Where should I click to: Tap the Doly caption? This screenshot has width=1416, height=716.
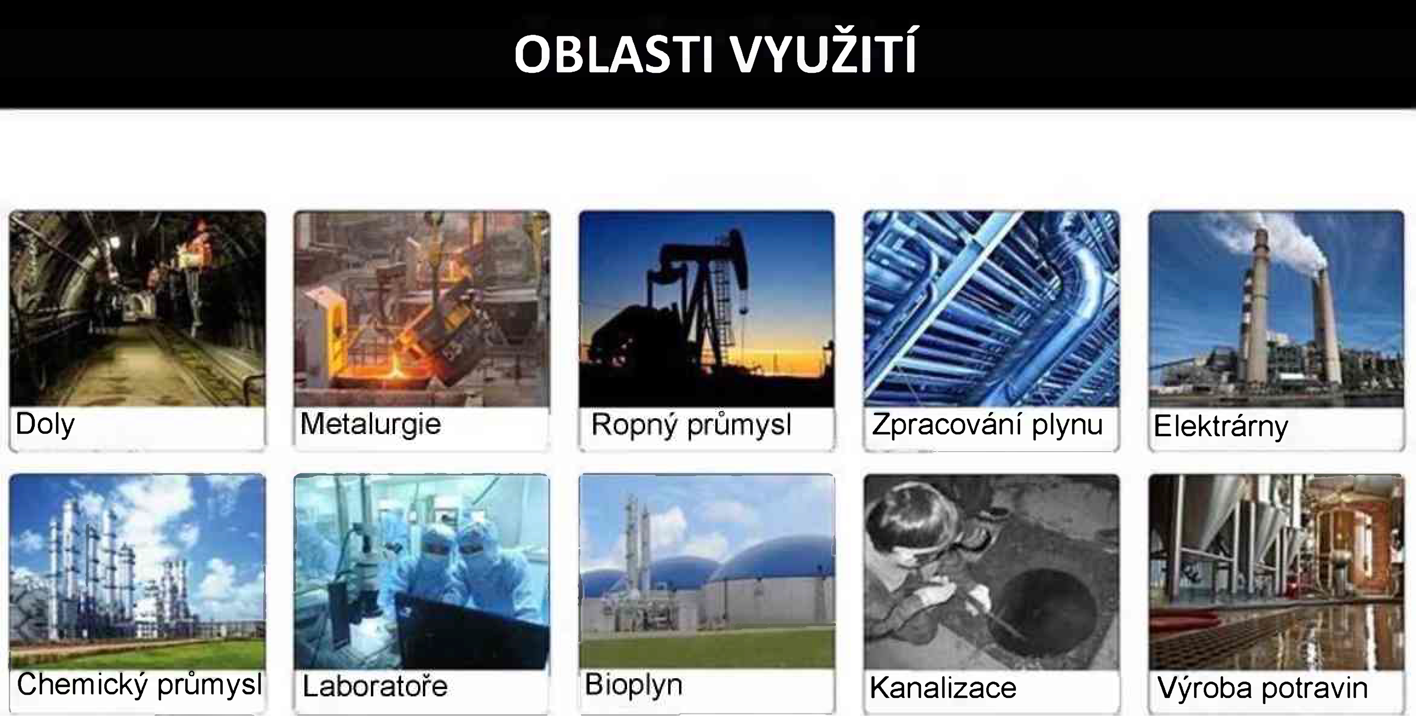point(45,424)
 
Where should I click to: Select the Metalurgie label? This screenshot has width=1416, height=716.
point(371,424)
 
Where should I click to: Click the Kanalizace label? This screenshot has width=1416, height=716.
point(943,687)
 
